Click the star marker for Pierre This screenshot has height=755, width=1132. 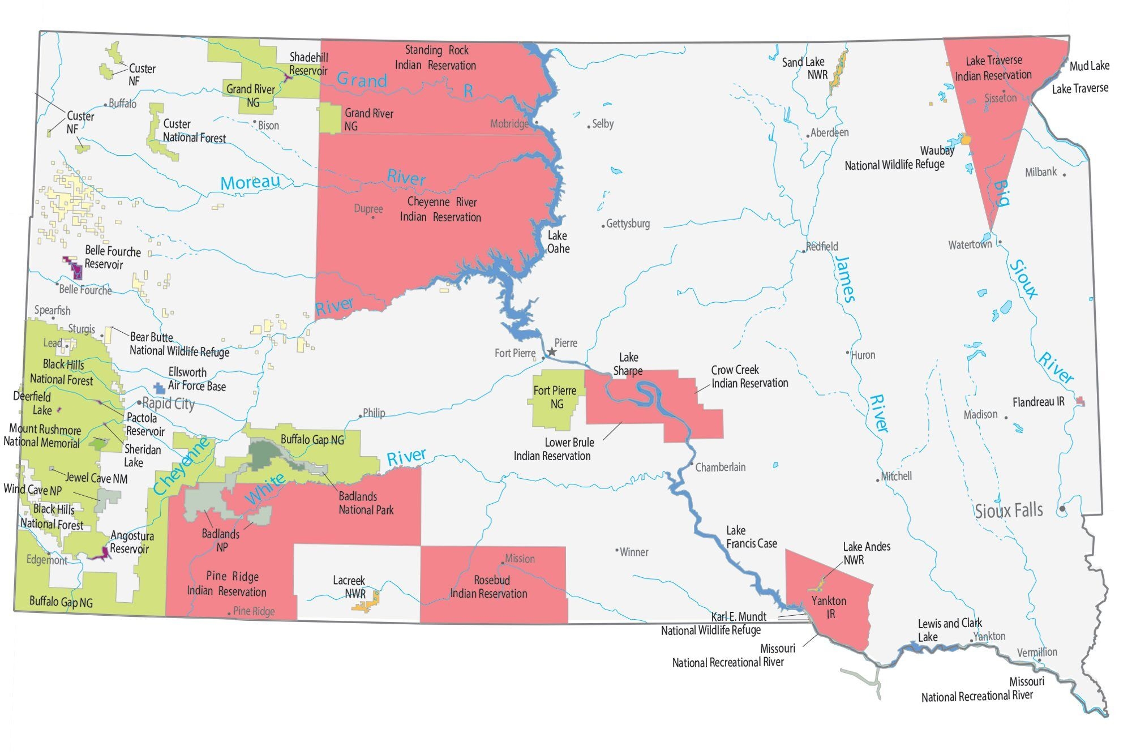coord(552,352)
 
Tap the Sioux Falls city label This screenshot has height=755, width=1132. coord(1009,511)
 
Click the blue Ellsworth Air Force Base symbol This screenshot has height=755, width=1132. coord(160,388)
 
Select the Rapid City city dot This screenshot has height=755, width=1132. coord(139,402)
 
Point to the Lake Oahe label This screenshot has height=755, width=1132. coord(558,242)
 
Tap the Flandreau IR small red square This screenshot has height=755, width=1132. coord(1080,401)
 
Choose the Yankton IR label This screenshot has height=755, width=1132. coord(829,607)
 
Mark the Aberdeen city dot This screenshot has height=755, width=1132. coord(808,136)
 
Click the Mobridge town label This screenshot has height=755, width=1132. coord(509,124)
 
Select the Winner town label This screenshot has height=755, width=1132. coord(634,552)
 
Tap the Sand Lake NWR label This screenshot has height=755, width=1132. coord(804,68)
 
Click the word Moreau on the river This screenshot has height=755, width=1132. coord(250,182)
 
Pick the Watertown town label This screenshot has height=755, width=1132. coord(970,245)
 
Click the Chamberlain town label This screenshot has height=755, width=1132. coord(720,467)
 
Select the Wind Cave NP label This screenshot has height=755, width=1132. coord(32,490)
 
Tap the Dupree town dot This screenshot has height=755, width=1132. coord(373,217)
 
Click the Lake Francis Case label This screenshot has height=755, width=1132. coord(751,537)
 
